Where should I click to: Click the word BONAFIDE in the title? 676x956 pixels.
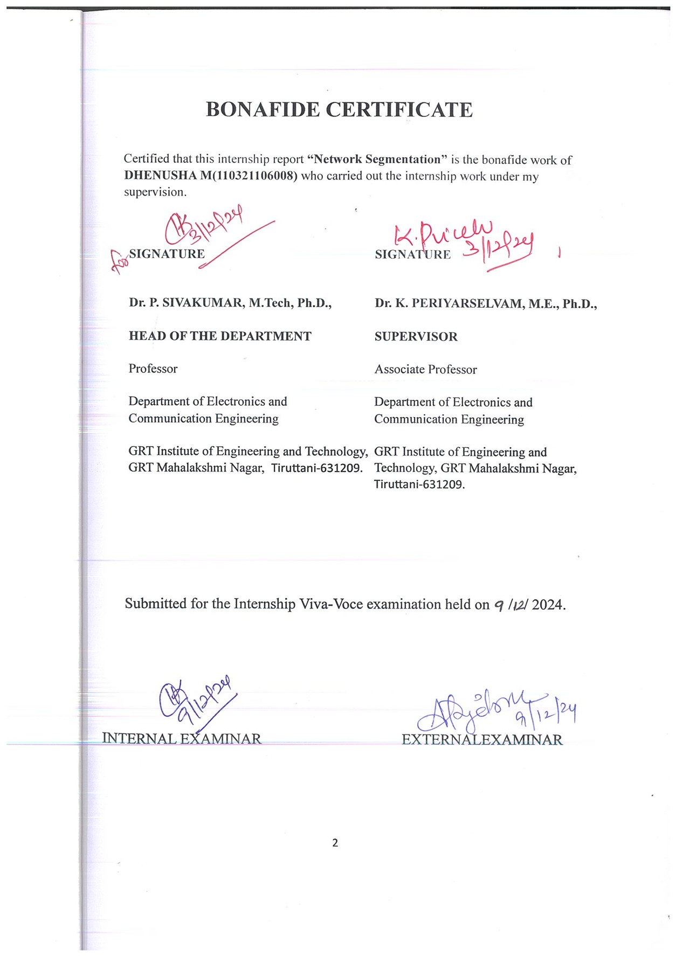[263, 110]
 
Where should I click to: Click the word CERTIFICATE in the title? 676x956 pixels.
[399, 110]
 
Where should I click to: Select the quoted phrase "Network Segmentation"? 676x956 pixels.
[377, 160]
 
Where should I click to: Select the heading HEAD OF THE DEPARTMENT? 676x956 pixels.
[220, 336]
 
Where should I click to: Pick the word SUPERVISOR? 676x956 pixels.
[416, 337]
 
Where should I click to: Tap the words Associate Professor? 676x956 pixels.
[426, 370]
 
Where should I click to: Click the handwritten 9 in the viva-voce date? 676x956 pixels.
[499, 605]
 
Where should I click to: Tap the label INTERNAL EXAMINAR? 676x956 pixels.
[182, 738]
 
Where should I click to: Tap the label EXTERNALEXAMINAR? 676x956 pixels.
[482, 739]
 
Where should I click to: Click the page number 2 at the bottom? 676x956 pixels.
[335, 843]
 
